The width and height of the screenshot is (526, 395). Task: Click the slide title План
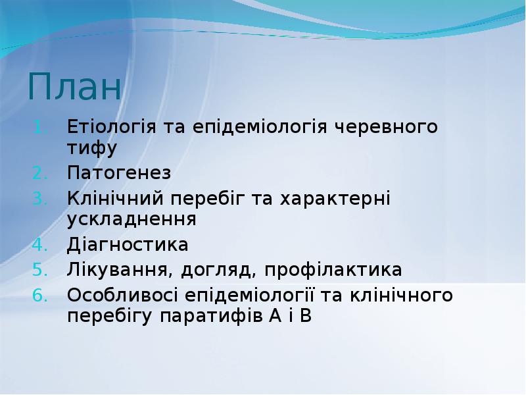pos(75,88)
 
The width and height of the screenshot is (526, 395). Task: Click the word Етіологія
pos(111,127)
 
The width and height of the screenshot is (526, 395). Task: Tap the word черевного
pos(382,126)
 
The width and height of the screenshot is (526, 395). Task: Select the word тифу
pos(92,150)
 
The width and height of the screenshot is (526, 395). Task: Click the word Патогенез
pos(119,174)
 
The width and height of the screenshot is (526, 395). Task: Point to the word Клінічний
pos(116,198)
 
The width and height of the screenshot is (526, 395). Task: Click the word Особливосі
pos(123,295)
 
